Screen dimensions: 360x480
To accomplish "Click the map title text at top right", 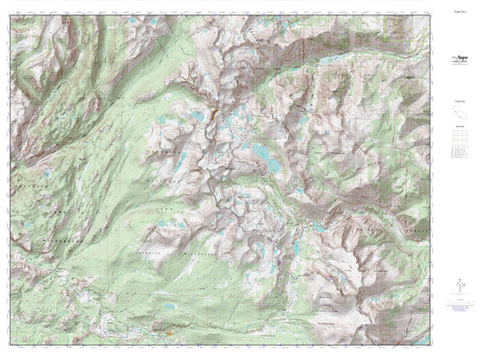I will (457, 13).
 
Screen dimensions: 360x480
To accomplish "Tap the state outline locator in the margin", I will (457, 114).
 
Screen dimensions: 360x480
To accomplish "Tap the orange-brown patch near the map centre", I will (212, 117).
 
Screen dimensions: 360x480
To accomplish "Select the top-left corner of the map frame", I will (7, 9).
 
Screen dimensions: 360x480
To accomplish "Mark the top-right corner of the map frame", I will (437, 9).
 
